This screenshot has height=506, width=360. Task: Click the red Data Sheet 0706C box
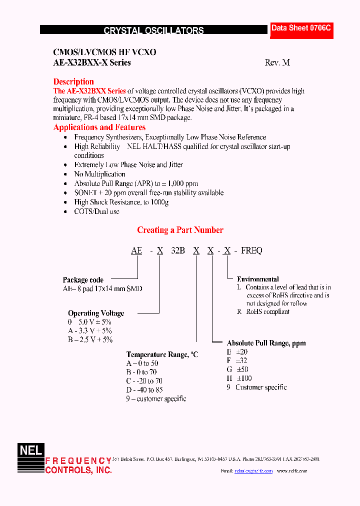[301, 29]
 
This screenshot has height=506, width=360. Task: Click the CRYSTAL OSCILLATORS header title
[153, 30]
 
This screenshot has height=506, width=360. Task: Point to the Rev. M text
[277, 63]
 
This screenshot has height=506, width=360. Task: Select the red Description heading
[73, 81]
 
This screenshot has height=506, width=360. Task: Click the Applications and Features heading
[99, 127]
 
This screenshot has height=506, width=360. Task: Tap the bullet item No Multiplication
[99, 174]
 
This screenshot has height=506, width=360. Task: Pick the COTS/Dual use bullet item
[96, 211]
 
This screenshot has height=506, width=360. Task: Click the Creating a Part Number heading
[180, 230]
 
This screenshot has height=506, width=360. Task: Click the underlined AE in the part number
[136, 251]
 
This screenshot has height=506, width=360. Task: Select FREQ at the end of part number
[251, 251]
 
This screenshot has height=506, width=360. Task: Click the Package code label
[83, 280]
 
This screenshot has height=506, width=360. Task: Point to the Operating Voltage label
[96, 313]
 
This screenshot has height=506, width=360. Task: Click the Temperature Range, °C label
[162, 354]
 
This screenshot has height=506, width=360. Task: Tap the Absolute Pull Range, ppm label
[266, 343]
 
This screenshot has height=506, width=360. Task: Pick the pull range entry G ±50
[237, 369]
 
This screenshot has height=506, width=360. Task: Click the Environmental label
[257, 279]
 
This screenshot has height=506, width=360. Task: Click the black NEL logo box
[31, 450]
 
